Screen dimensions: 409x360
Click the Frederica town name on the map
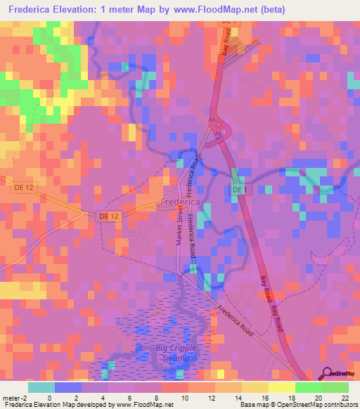(180, 202)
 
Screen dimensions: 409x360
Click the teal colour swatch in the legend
(41, 387)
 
